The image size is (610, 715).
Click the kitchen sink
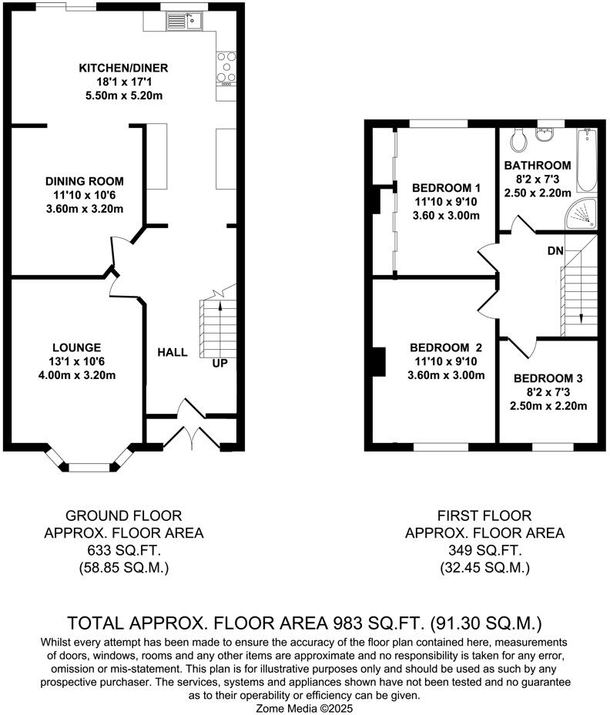(x=185, y=21)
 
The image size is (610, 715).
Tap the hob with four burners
(x=226, y=69)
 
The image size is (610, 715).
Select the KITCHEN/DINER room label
(x=123, y=68)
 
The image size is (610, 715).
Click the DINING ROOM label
(x=85, y=181)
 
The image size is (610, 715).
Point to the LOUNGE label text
(x=76, y=347)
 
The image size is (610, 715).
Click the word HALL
(x=173, y=352)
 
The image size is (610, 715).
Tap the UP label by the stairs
(x=220, y=364)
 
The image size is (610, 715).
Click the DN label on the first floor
(x=555, y=251)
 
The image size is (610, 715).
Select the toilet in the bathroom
(x=518, y=139)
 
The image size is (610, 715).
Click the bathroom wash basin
(x=545, y=135)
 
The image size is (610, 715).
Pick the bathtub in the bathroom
(x=587, y=160)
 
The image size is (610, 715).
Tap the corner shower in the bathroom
(x=582, y=213)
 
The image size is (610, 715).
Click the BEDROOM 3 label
(x=548, y=378)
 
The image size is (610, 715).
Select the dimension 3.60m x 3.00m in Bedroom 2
(x=446, y=375)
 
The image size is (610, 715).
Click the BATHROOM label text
(x=538, y=165)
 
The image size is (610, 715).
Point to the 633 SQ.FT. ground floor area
(x=124, y=550)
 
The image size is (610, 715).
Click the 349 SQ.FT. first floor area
(x=485, y=550)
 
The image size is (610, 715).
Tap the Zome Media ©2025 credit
(x=304, y=708)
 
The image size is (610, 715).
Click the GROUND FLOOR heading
(x=123, y=515)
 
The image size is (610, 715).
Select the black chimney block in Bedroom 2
(x=379, y=362)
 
